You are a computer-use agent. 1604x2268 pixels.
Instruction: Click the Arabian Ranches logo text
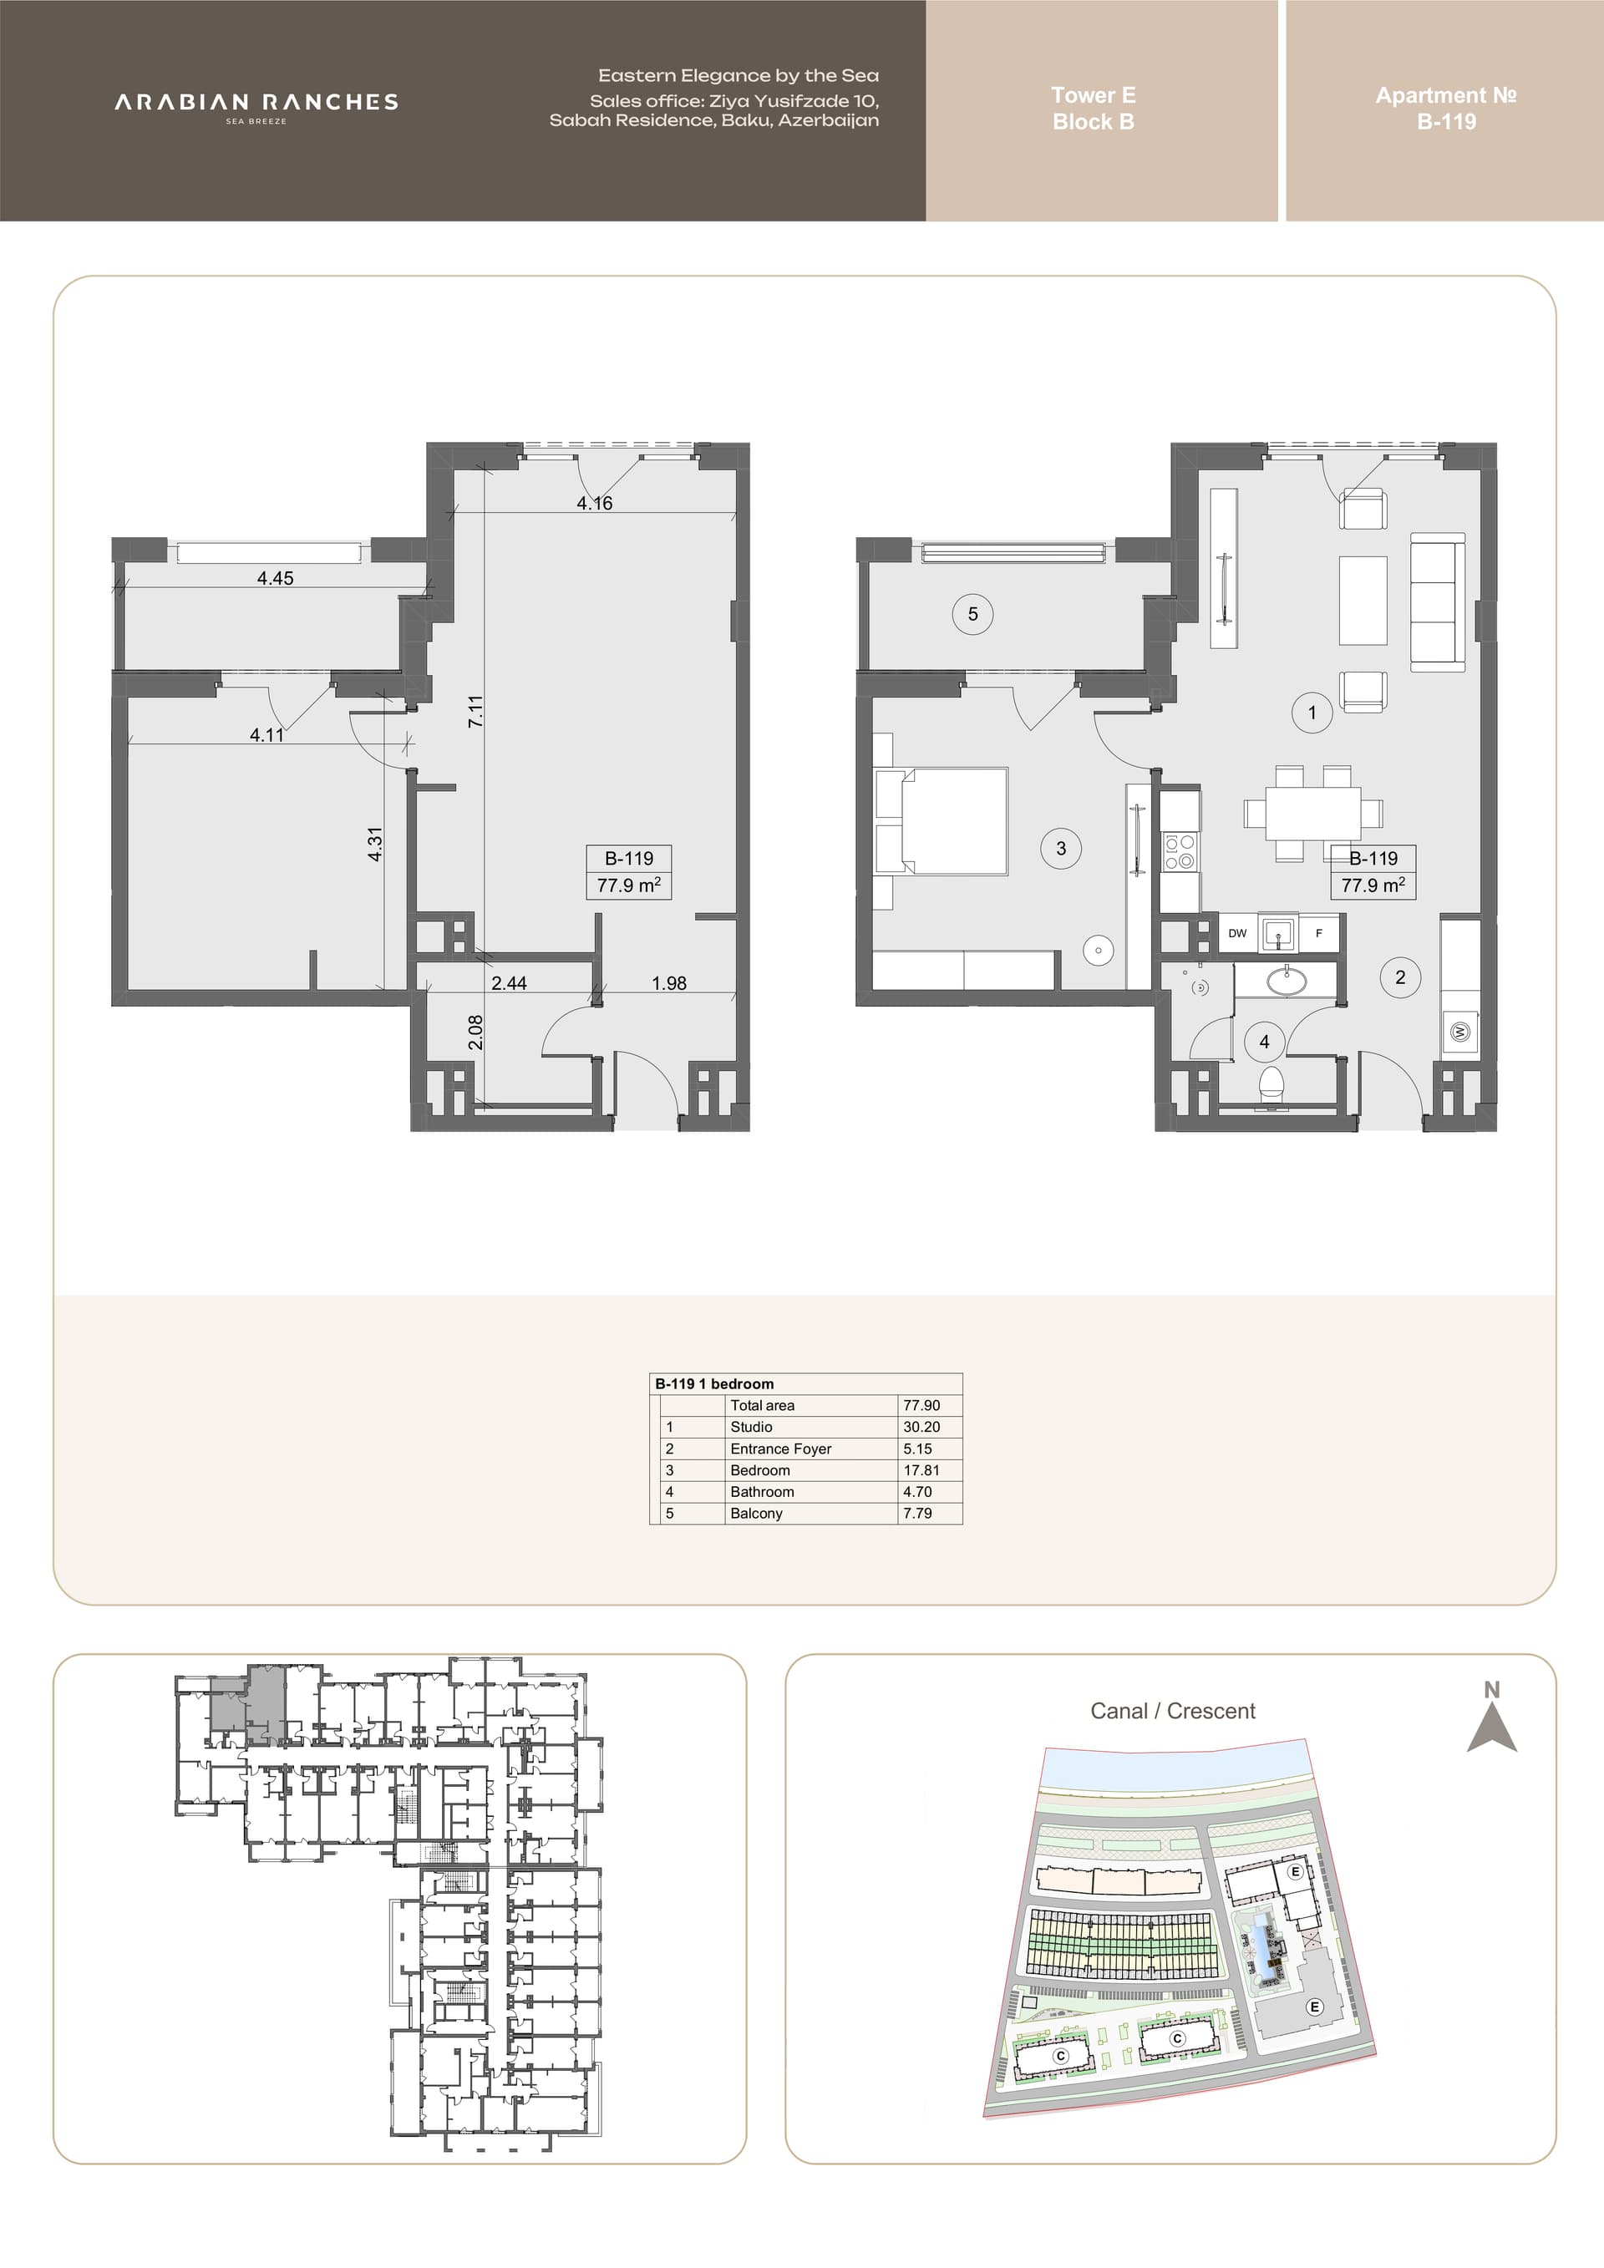point(256,102)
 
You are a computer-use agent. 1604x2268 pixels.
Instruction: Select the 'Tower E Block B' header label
point(1094,109)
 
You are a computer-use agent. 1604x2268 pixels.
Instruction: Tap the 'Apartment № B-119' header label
point(1446,109)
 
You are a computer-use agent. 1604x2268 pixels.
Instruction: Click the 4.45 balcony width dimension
point(275,578)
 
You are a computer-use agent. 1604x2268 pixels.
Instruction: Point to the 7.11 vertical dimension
point(475,711)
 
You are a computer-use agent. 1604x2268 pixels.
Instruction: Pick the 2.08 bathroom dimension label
point(475,1033)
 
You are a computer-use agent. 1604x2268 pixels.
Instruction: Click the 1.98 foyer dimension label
point(668,983)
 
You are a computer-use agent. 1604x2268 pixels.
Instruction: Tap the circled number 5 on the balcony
point(973,615)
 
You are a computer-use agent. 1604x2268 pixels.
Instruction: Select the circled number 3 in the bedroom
point(1061,848)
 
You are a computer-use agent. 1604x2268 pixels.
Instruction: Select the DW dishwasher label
point(1237,932)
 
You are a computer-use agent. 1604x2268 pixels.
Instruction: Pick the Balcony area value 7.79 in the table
point(917,1514)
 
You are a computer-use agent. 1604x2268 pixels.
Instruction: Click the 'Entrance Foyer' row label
point(780,1449)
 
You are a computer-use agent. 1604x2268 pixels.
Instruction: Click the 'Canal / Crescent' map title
point(1172,1711)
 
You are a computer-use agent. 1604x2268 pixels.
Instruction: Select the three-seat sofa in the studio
point(1438,602)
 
